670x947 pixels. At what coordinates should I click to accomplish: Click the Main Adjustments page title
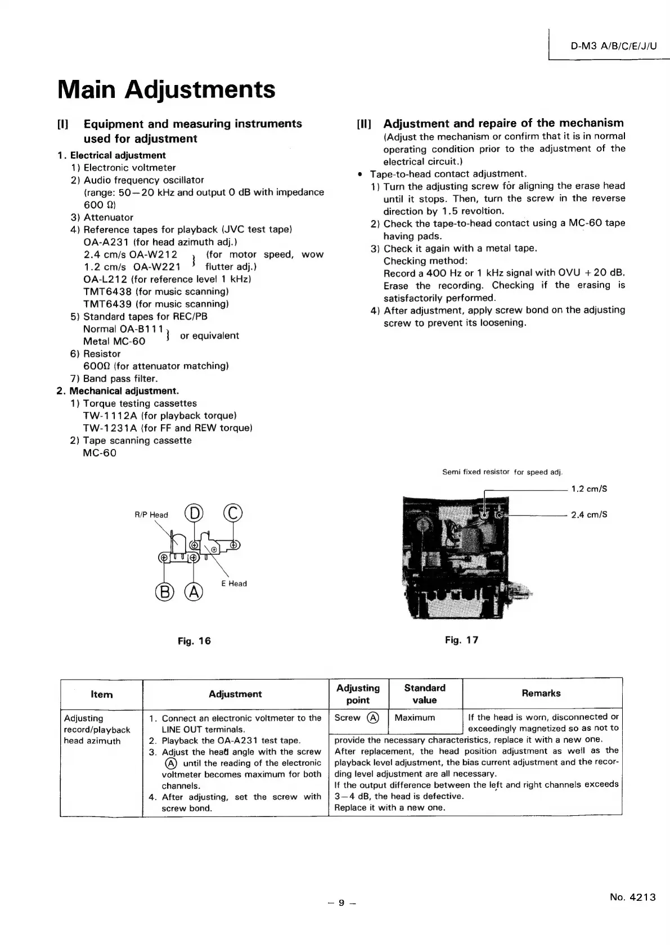167,89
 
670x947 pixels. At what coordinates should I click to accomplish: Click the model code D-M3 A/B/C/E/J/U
613,47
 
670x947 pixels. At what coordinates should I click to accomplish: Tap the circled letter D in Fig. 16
194,514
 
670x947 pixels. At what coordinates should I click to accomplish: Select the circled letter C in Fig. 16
233,514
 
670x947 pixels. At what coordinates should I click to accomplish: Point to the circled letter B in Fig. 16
164,592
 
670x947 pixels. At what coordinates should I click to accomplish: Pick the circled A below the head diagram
194,592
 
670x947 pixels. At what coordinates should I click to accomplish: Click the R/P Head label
151,515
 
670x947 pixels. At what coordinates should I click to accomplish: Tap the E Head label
234,584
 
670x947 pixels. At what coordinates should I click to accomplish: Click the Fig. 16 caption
194,641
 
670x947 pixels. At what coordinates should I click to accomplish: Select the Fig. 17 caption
461,640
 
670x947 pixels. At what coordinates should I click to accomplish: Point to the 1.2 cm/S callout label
589,489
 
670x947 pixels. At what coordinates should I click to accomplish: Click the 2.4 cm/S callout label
589,515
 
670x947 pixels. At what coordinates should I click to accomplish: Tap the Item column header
101,694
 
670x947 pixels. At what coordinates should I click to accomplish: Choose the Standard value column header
425,694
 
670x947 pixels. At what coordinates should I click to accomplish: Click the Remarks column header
541,693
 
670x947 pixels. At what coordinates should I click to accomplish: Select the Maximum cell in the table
415,718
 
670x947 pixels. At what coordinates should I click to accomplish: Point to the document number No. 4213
632,897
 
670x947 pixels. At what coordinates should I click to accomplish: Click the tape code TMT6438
107,291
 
